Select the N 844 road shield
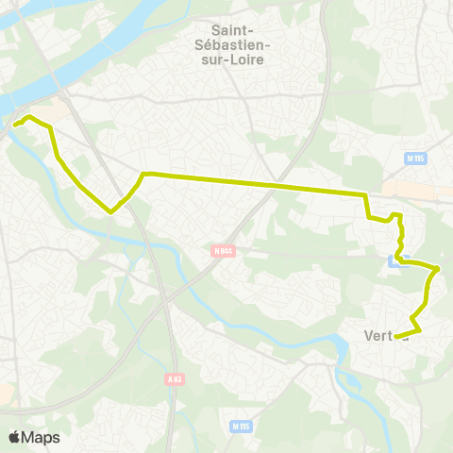pyautogui.click(x=223, y=251)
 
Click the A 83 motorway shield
pyautogui.click(x=174, y=379)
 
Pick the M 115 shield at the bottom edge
pyautogui.click(x=240, y=427)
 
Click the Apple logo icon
pyautogui.click(x=14, y=437)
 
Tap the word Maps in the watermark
pyautogui.click(x=41, y=437)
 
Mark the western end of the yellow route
pyautogui.click(x=14, y=124)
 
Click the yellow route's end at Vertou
pyautogui.click(x=395, y=337)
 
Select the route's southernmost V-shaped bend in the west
pyautogui.click(x=111, y=211)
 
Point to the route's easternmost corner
pyautogui.click(x=438, y=269)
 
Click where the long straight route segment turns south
pyautogui.click(x=365, y=194)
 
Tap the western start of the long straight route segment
pyautogui.click(x=144, y=173)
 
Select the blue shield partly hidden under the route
pyautogui.click(x=394, y=260)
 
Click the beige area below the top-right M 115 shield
pyautogui.click(x=415, y=189)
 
